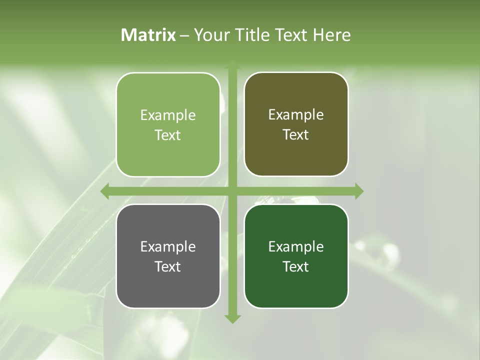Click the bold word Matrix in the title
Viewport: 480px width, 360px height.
click(x=148, y=35)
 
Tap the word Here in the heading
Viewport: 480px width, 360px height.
click(x=331, y=35)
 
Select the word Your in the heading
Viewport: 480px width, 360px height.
click(x=209, y=35)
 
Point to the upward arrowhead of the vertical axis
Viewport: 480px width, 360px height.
click(x=232, y=65)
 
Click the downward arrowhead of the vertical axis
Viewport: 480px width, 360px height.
click(x=232, y=318)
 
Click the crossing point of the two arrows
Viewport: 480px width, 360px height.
click(x=232, y=191)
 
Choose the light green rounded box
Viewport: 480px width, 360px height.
click(x=168, y=124)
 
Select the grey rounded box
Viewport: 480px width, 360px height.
click(x=168, y=256)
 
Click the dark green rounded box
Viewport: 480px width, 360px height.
click(x=296, y=256)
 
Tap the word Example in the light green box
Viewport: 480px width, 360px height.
click(x=168, y=115)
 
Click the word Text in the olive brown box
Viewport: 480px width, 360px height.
click(x=296, y=134)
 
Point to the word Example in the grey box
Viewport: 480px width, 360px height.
click(x=168, y=247)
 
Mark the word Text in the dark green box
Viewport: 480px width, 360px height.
click(x=296, y=266)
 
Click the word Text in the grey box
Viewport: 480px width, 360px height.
click(x=168, y=266)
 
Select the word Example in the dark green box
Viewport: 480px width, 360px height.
click(x=296, y=247)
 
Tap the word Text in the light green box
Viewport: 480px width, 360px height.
click(x=168, y=135)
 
